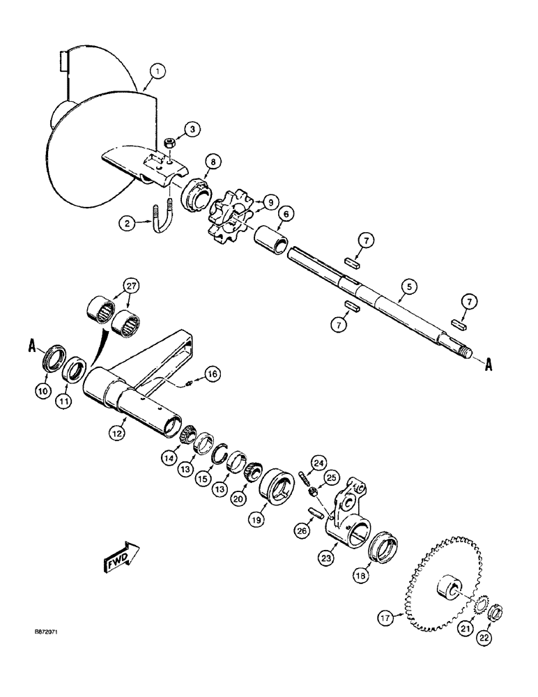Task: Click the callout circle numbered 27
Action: [x=130, y=285]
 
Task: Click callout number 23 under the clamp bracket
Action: [x=327, y=558]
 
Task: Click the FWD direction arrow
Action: [x=121, y=558]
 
